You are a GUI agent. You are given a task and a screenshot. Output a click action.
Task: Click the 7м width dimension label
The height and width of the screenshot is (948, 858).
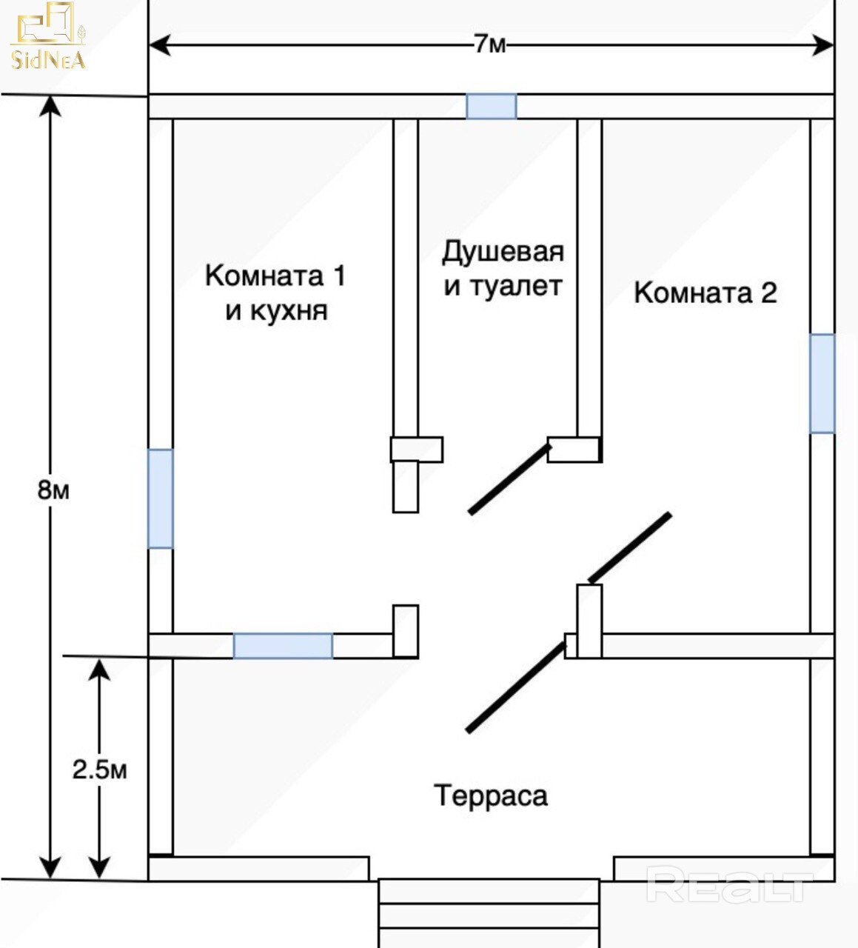click(x=490, y=45)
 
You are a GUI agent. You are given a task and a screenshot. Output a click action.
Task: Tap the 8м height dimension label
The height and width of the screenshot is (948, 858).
click(x=53, y=490)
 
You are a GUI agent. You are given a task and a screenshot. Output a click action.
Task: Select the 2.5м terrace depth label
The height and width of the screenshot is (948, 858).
click(x=100, y=770)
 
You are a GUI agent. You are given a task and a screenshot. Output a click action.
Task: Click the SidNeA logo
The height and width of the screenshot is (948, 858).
click(x=47, y=36)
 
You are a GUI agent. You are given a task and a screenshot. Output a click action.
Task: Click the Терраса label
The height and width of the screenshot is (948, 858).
click(x=490, y=796)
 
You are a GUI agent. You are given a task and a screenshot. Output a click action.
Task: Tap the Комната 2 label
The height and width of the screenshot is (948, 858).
click(x=705, y=293)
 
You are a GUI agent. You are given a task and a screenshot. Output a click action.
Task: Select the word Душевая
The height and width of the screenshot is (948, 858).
click(x=503, y=252)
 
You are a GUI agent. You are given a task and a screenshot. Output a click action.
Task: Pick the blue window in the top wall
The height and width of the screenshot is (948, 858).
click(x=492, y=107)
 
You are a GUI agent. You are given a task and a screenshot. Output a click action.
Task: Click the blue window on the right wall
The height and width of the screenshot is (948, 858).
click(x=822, y=383)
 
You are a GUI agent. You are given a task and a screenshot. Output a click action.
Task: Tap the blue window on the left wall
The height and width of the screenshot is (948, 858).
click(x=161, y=498)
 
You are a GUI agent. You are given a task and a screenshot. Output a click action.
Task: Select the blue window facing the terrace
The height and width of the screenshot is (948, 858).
click(x=283, y=646)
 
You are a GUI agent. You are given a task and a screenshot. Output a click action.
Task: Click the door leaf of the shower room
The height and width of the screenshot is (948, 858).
click(x=509, y=479)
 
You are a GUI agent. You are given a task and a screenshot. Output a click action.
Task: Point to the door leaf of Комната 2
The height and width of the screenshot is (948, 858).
click(x=630, y=547)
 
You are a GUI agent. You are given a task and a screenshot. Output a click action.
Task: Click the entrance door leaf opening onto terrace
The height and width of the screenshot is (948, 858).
click(x=516, y=687)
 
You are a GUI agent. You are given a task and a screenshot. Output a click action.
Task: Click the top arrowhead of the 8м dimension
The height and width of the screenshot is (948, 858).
click(x=50, y=106)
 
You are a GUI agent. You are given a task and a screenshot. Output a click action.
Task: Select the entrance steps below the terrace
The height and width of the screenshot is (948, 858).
click(x=489, y=913)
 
